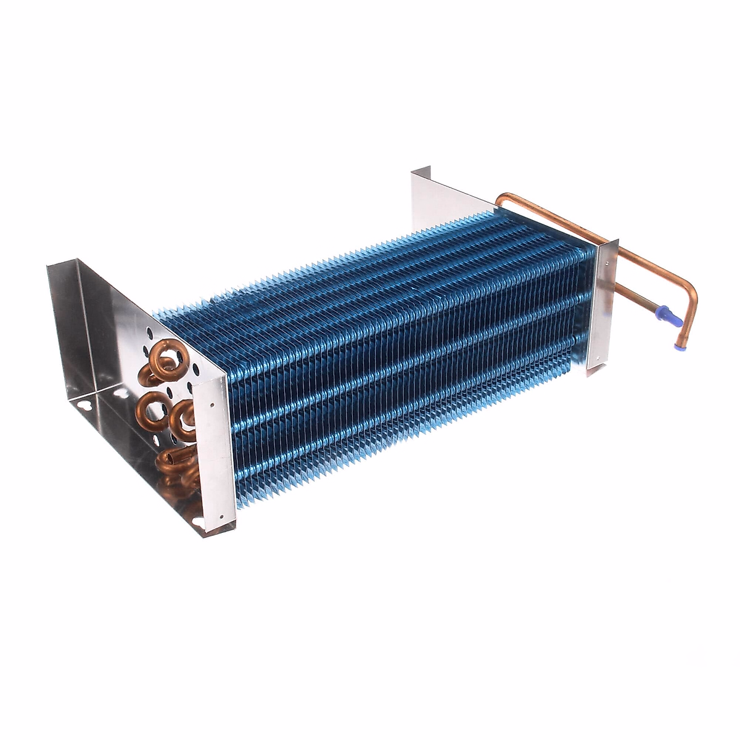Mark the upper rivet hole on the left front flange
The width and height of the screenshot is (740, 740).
tap(212, 405)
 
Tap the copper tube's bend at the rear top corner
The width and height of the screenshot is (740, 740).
tap(501, 200)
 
